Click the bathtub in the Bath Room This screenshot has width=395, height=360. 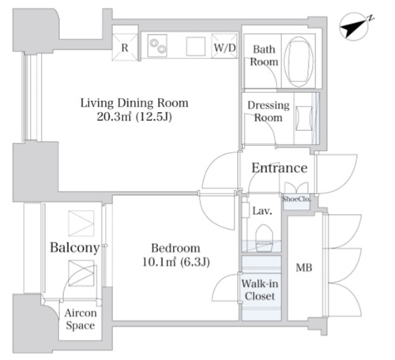tap(299, 62)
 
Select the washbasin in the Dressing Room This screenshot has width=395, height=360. tap(304, 118)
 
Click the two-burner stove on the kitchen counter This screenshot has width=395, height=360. tap(157, 46)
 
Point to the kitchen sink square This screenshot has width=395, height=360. tap(196, 47)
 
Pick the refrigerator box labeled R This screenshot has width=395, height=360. tap(125, 47)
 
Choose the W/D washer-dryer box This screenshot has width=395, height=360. tap(224, 46)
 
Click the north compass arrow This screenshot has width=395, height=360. tap(353, 27)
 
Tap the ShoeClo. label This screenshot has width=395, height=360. tap(296, 199)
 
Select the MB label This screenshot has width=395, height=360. tap(304, 268)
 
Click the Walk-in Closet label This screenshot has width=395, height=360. tap(260, 290)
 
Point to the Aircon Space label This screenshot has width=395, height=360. tap(81, 319)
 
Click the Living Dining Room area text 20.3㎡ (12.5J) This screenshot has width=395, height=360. tap(134, 117)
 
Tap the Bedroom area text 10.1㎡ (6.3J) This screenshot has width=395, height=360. tap(176, 262)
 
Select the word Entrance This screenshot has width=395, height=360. tap(280, 168)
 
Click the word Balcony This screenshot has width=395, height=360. tap(75, 248)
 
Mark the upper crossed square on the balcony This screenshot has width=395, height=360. tap(81, 223)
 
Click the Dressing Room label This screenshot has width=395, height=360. tap(269, 111)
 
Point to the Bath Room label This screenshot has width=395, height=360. tap(264, 55)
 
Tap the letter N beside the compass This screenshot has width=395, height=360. tap(371, 18)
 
